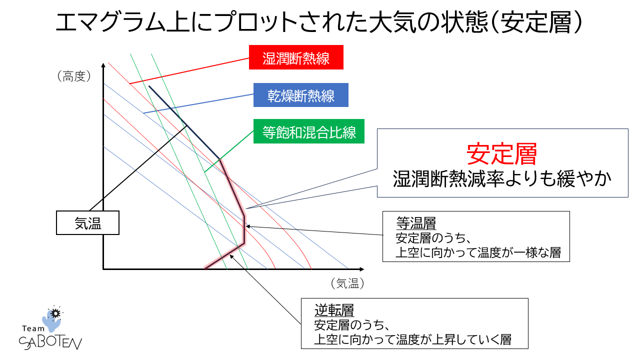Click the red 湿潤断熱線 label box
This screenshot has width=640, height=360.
pos(296,58)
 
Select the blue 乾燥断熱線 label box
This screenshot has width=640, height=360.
pos(300,95)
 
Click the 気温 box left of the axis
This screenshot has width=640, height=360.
pos(87,223)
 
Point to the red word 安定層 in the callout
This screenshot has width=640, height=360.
pos(501,154)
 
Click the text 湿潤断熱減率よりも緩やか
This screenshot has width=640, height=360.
pos(502,179)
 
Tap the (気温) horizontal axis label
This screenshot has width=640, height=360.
pos(347,283)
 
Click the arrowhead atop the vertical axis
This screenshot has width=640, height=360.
pos(103,65)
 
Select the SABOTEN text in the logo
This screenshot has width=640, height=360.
pos(50,342)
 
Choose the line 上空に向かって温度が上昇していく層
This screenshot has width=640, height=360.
pos(412,340)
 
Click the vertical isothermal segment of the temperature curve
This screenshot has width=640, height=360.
pos(244,230)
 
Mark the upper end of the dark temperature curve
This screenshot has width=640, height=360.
pos(149,86)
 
